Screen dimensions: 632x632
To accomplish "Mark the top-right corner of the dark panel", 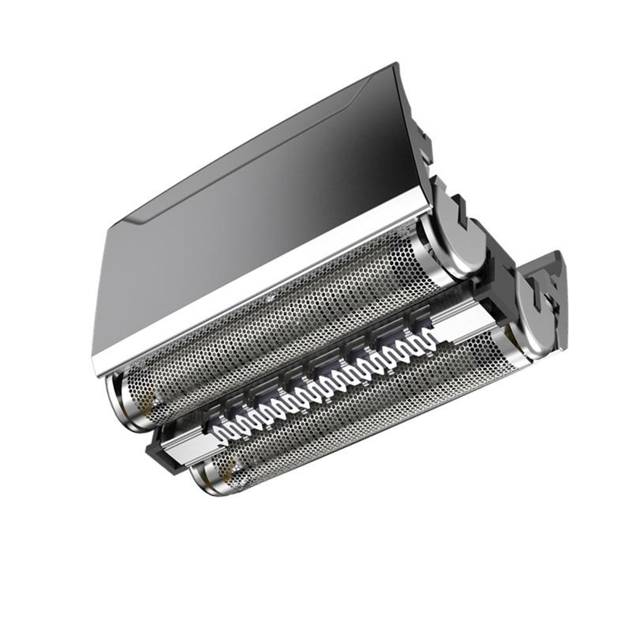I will coord(396,64).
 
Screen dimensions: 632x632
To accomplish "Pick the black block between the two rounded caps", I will coord(499,278).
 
